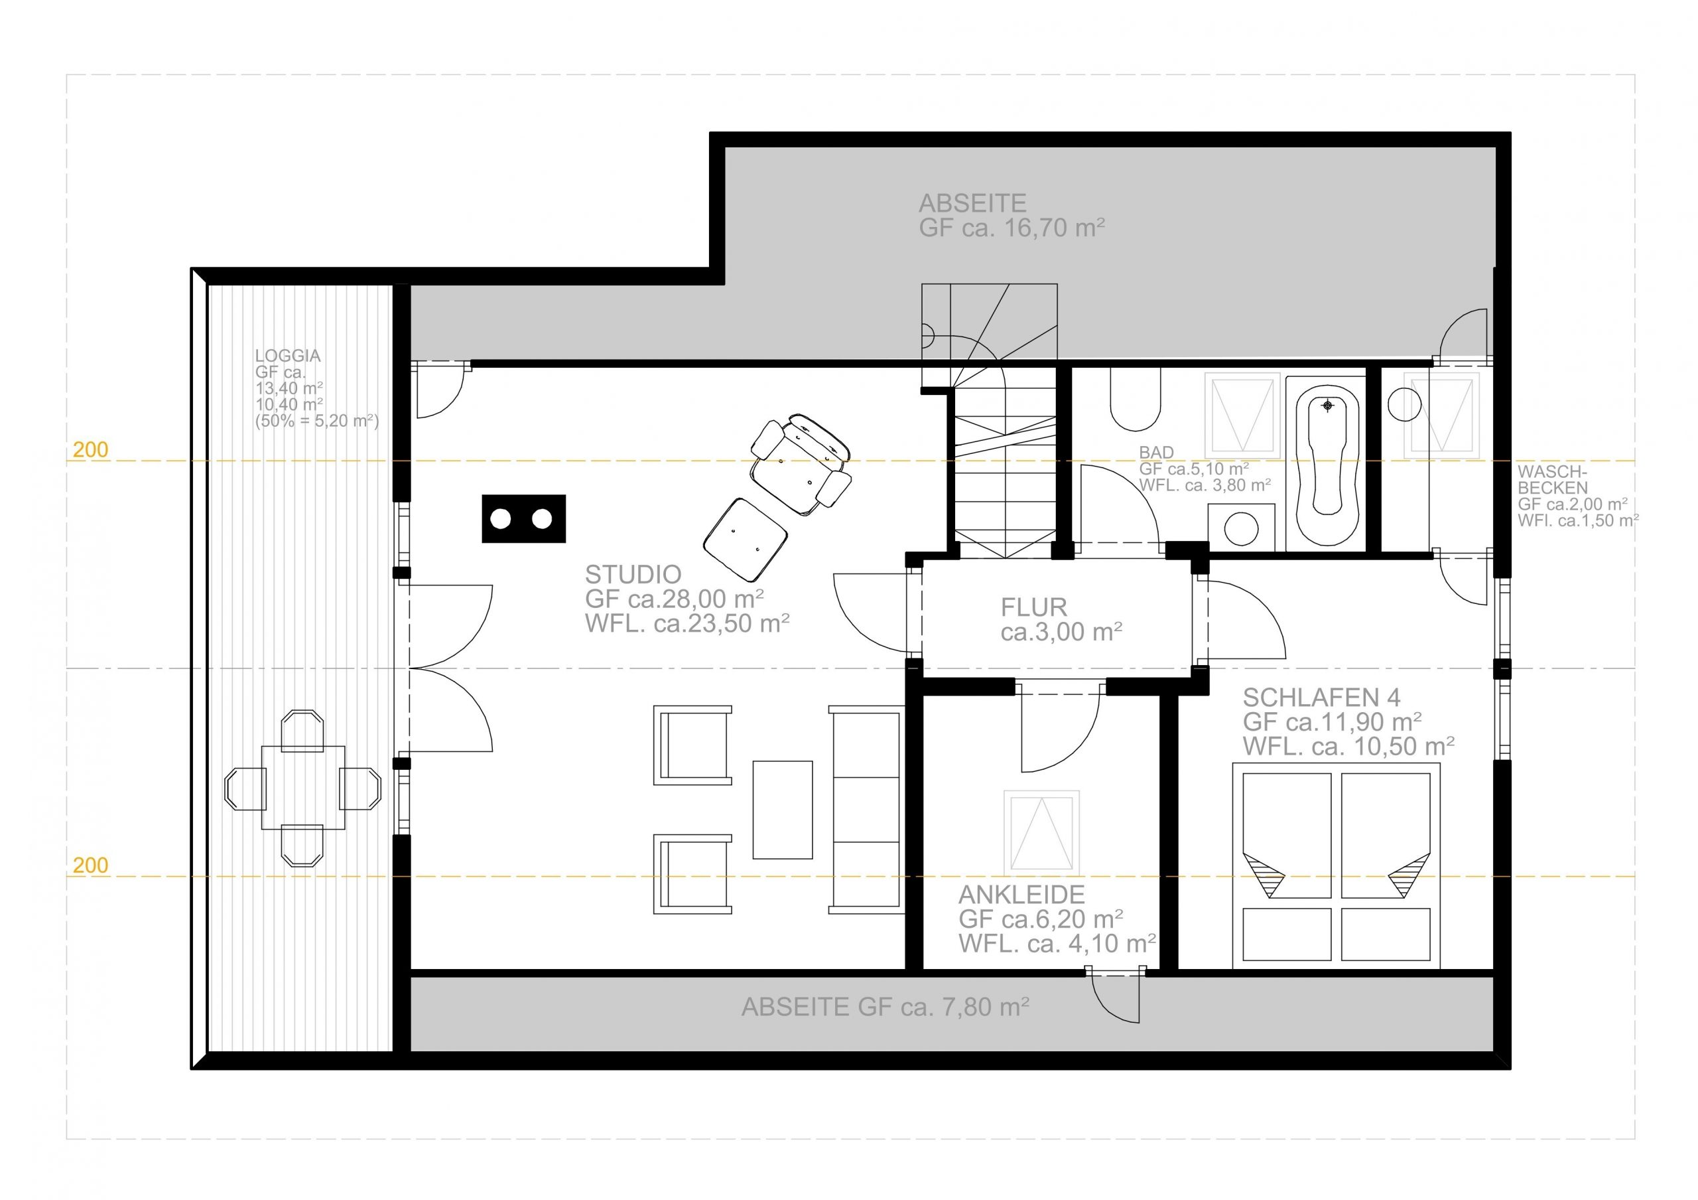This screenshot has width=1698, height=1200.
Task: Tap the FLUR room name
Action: tap(1034, 607)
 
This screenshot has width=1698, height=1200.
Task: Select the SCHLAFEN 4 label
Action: tap(1321, 697)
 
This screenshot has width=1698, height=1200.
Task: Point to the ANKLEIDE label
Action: tap(1021, 895)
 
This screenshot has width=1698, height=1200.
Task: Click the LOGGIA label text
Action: tap(288, 355)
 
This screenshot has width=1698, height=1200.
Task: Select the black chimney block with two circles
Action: tap(523, 518)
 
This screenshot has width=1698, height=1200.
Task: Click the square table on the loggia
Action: tap(303, 788)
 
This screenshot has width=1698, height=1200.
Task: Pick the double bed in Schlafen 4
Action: tap(1337, 865)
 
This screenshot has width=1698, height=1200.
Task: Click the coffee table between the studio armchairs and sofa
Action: tap(783, 809)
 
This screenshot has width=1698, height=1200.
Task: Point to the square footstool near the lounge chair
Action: tap(745, 540)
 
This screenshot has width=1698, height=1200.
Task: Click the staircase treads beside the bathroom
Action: tap(1004, 473)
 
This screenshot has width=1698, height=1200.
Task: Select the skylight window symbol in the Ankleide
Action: tap(1041, 832)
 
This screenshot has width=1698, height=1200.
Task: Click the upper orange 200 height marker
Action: tap(90, 449)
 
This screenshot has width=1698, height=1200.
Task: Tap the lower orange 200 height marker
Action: tap(90, 865)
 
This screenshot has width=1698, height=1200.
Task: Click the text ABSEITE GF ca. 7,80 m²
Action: tap(885, 1007)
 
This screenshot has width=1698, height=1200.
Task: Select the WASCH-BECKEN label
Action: tap(1553, 479)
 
